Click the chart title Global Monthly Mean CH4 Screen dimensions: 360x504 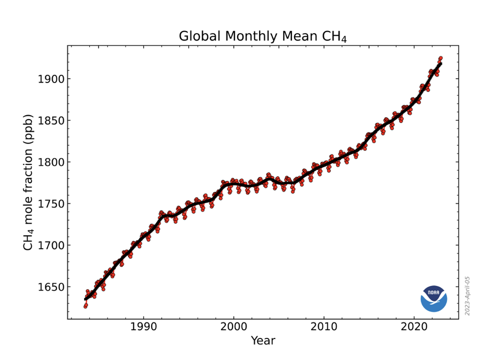click(263, 37)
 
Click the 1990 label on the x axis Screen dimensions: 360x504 click(144, 327)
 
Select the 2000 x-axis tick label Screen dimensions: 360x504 click(234, 327)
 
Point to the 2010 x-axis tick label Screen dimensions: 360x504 click(323, 327)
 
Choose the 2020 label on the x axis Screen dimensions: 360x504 click(413, 327)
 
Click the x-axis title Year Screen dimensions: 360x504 click(263, 341)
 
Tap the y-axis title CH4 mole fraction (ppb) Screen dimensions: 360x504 click(28, 182)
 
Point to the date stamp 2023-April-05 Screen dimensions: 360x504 click(467, 296)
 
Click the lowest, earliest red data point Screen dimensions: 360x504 click(85, 306)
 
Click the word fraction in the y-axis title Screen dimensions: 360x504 click(28, 170)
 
